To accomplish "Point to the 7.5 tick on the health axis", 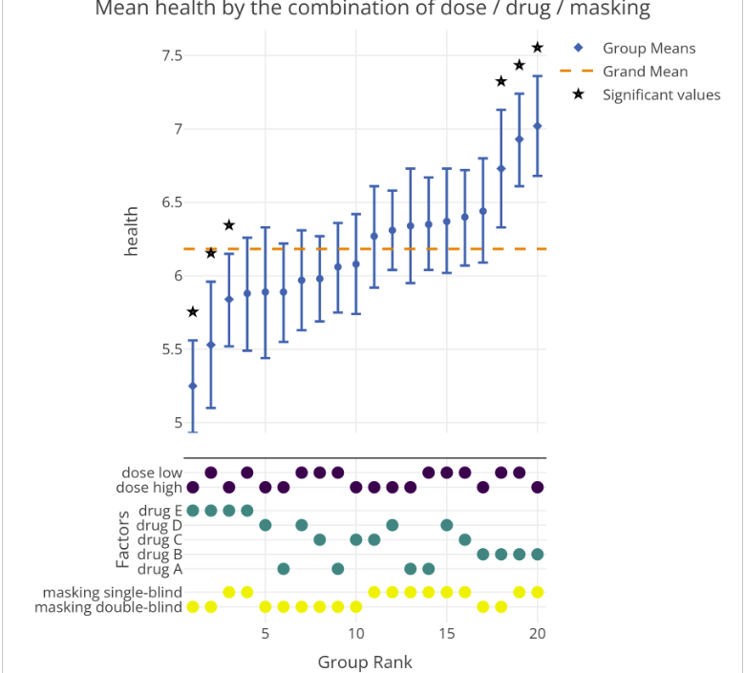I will [x=172, y=55].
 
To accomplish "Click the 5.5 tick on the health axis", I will [x=172, y=349].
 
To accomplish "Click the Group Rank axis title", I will [x=365, y=662].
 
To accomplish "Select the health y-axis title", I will [x=132, y=231].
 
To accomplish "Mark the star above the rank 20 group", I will [x=537, y=48].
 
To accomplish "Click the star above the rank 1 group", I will [x=193, y=312].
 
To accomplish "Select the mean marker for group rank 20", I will [x=537, y=126].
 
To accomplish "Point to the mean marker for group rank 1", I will [x=193, y=386].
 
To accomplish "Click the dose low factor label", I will [x=151, y=473].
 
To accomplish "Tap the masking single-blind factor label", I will [x=112, y=593].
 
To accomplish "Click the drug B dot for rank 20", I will [x=537, y=554].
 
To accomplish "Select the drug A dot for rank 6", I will [x=284, y=569].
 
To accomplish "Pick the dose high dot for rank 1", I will [x=193, y=488].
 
